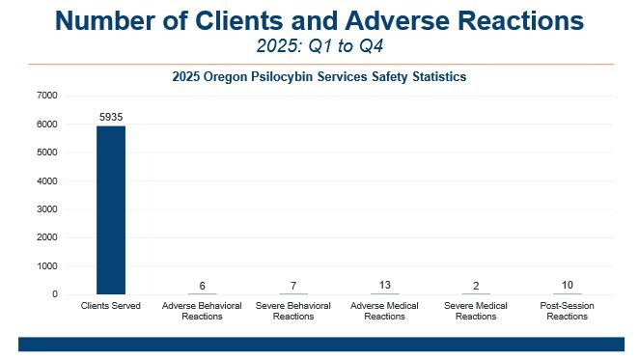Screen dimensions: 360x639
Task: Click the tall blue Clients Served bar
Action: click(111, 209)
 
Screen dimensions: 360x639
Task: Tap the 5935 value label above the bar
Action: click(111, 117)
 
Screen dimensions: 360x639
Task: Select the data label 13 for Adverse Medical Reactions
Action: click(385, 285)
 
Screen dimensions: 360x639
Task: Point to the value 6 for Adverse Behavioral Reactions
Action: click(202, 286)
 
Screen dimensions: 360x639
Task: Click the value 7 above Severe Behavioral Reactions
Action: click(293, 286)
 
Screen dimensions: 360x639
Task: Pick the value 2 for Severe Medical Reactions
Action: click(476, 286)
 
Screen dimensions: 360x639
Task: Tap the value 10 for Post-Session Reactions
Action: click(568, 285)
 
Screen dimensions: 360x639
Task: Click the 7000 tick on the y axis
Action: click(47, 96)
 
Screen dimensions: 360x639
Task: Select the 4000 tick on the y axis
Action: click(47, 180)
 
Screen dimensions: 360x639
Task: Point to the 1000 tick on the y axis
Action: click(47, 265)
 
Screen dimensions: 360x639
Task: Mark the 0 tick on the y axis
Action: click(56, 294)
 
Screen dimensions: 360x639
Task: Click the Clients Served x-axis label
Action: click(111, 306)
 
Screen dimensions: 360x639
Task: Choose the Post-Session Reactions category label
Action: click(568, 311)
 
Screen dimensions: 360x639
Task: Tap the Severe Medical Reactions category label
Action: click(476, 311)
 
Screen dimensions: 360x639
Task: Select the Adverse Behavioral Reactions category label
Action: click(202, 311)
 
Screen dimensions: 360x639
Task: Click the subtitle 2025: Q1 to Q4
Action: click(319, 44)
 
